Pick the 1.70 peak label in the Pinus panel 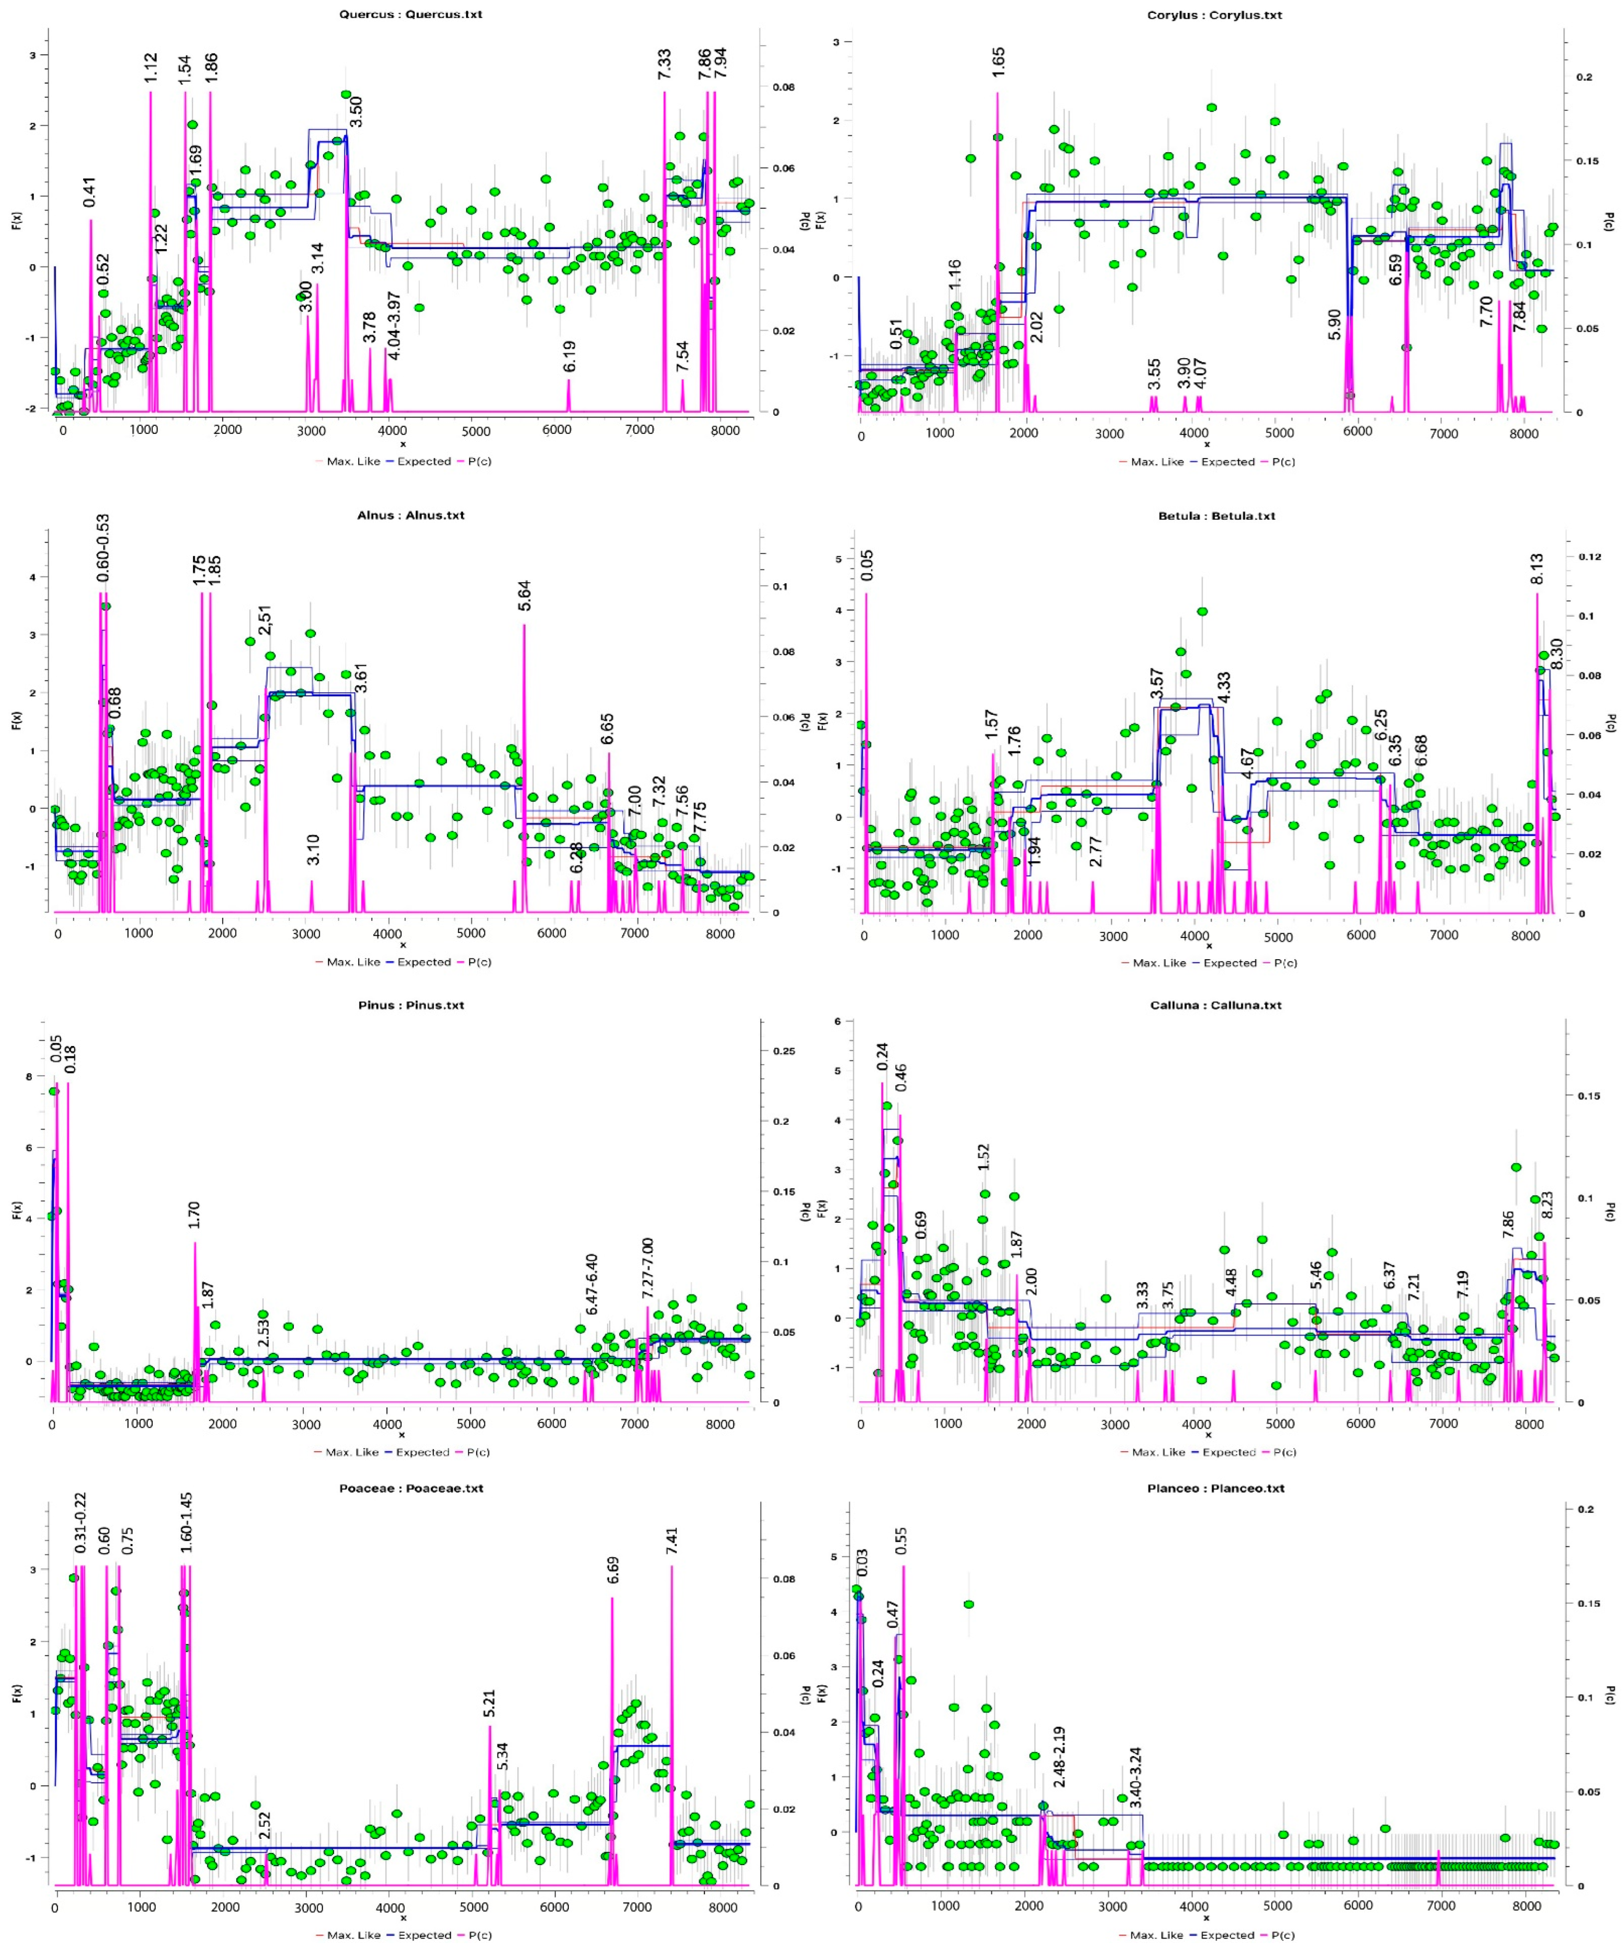click(195, 1214)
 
